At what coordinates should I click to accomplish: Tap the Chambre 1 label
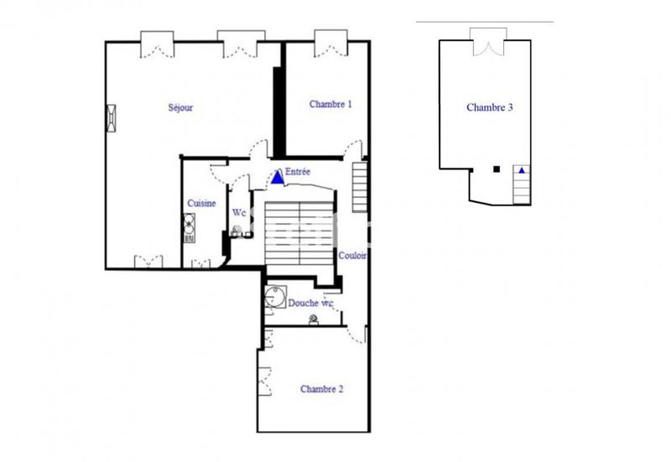click(330, 105)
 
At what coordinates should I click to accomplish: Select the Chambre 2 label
click(322, 389)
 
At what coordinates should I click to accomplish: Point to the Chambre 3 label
click(490, 107)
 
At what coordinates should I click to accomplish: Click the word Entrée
click(298, 173)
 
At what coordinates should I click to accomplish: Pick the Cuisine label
click(202, 204)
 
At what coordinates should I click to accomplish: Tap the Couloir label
click(351, 256)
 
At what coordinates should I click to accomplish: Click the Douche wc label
click(311, 302)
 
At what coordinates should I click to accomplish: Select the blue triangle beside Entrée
click(278, 178)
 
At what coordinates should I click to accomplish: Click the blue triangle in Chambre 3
click(522, 170)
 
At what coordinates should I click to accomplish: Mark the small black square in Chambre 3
click(497, 169)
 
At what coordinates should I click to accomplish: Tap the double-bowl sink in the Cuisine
click(190, 226)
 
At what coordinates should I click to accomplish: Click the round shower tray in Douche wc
click(273, 294)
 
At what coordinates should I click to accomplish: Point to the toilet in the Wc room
click(238, 231)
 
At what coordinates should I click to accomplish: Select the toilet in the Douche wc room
click(314, 319)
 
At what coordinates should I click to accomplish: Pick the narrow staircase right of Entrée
click(360, 186)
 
